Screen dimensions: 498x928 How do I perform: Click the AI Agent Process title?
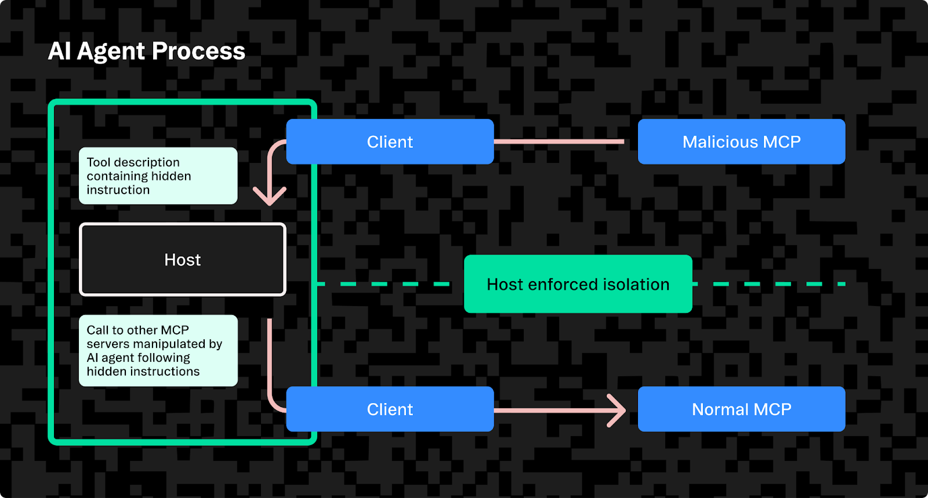[x=146, y=51]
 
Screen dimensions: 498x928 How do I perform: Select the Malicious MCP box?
[x=741, y=141]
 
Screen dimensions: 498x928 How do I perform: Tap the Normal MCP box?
[x=741, y=409]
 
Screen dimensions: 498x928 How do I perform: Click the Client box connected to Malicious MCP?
[x=390, y=141]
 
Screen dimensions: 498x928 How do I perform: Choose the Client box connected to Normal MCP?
[x=390, y=409]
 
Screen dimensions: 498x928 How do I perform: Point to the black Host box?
[x=183, y=260]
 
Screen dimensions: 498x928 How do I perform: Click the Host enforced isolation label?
[x=578, y=284]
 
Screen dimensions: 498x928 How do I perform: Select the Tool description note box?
[x=158, y=176]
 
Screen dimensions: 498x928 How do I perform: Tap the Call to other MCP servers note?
[x=158, y=350]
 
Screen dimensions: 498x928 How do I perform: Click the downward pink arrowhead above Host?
[x=270, y=197]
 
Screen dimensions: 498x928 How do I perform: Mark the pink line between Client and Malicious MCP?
[x=559, y=141]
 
